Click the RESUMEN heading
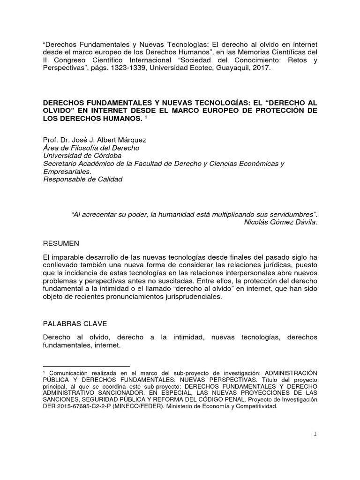pos(61,243)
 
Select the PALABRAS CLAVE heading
pos(74,323)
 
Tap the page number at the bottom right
pos(315,434)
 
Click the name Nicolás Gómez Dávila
pos(281,222)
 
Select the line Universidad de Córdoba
pos(82,156)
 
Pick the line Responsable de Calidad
pos(82,179)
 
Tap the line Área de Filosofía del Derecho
pos(91,148)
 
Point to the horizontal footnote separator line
pos(86,366)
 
